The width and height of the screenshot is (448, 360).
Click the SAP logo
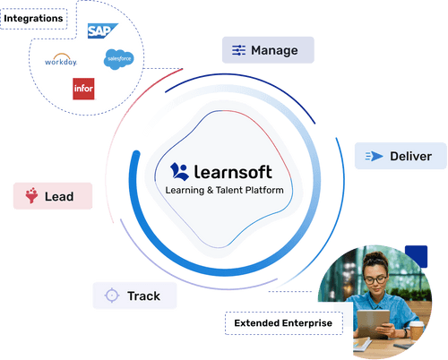[x=102, y=30]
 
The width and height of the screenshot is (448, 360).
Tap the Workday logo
[x=61, y=60]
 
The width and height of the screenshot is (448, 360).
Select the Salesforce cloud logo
[x=119, y=59]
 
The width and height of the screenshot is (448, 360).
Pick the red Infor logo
[x=83, y=89]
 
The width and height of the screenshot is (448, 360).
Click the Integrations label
[x=33, y=19]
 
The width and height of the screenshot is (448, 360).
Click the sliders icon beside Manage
[x=239, y=50]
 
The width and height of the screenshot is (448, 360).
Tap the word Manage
[x=274, y=50]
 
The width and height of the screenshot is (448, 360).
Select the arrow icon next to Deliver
[x=374, y=156]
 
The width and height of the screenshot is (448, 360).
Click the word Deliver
[x=410, y=156]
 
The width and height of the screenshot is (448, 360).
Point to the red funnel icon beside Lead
[x=31, y=195]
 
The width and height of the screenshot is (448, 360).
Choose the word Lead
[x=59, y=196]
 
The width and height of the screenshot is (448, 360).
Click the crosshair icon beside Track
[x=112, y=296]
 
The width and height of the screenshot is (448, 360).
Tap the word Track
[x=143, y=296]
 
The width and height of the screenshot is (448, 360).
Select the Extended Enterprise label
[x=283, y=323]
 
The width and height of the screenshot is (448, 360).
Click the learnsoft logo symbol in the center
[x=179, y=172]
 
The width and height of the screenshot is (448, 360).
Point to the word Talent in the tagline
[x=228, y=190]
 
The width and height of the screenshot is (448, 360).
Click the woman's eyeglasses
[x=375, y=280]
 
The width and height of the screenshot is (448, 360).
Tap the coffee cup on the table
[x=416, y=330]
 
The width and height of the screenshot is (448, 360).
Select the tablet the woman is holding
[x=374, y=324]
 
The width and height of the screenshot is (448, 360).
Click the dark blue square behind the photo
[x=417, y=256]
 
